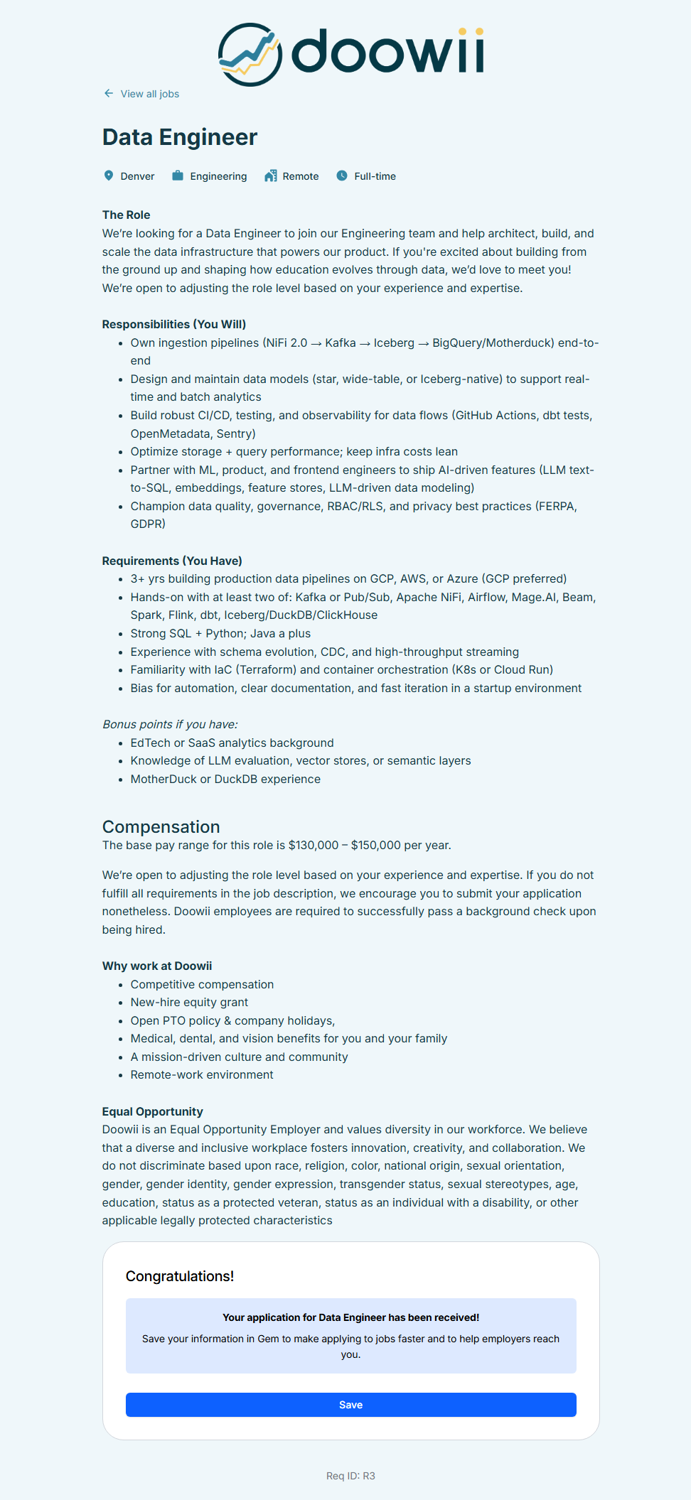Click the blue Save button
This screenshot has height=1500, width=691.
pyautogui.click(x=350, y=1405)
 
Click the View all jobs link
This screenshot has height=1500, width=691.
pyautogui.click(x=149, y=94)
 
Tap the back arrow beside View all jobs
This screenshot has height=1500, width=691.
pyautogui.click(x=109, y=93)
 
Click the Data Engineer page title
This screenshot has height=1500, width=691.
pyautogui.click(x=180, y=137)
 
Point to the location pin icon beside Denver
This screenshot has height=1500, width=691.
pyautogui.click(x=109, y=176)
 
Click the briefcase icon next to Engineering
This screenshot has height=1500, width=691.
pyautogui.click(x=178, y=176)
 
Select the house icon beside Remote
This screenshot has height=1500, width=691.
pyautogui.click(x=271, y=176)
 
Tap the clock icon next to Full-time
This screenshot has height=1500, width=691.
pyautogui.click(x=342, y=176)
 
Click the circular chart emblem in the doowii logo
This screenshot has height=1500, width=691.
pyautogui.click(x=250, y=55)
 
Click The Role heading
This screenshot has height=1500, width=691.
pyautogui.click(x=127, y=215)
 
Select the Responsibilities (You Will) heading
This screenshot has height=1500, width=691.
pyautogui.click(x=174, y=324)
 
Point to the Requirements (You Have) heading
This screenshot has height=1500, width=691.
pyautogui.click(x=172, y=561)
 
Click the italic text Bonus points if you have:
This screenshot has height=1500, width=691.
pyautogui.click(x=170, y=724)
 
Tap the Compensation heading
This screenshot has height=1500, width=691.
pyautogui.click(x=161, y=826)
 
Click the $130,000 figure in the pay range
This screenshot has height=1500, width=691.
pyautogui.click(x=314, y=845)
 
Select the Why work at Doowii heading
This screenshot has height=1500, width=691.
pyautogui.click(x=157, y=966)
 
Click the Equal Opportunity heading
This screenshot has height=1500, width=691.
pyautogui.click(x=153, y=1111)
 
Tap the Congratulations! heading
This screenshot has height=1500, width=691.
pyautogui.click(x=180, y=1276)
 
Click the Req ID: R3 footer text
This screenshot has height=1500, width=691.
pyautogui.click(x=350, y=1476)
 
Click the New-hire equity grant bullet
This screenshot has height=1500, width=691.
pyautogui.click(x=189, y=1002)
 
